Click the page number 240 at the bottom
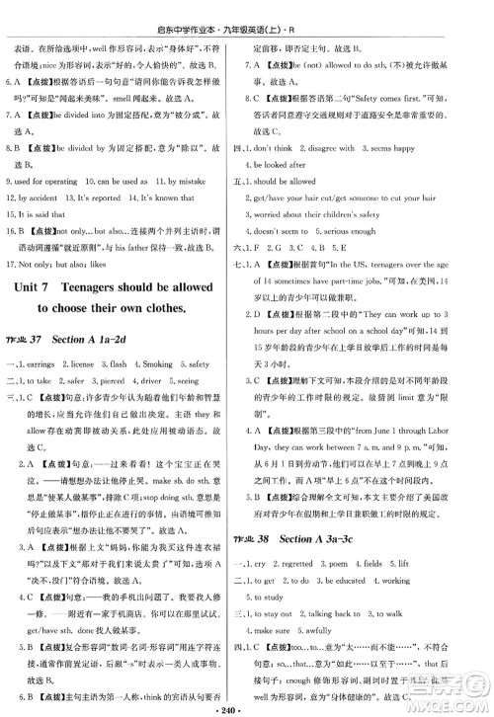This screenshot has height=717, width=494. coord(247,708)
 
